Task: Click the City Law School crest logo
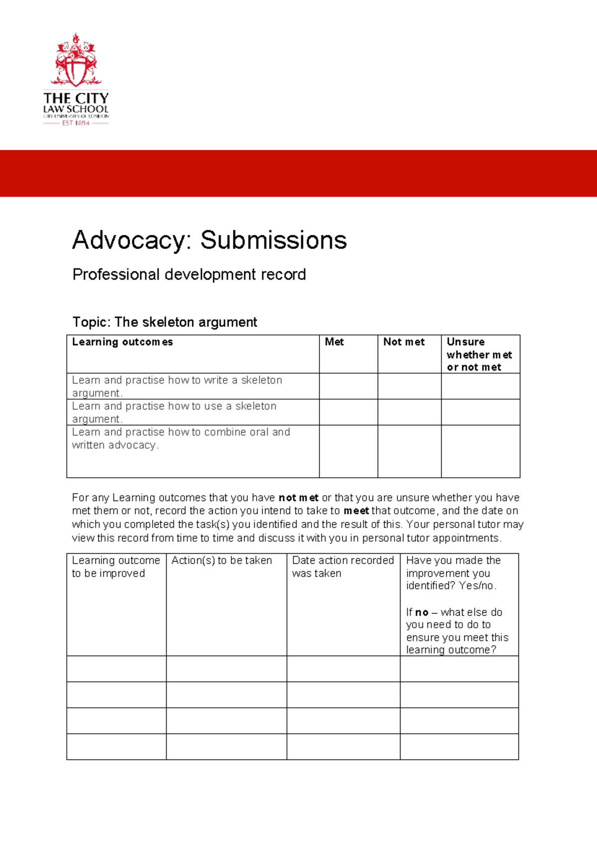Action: point(76,61)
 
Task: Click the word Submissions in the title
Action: point(273,240)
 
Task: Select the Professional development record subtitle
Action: point(189,274)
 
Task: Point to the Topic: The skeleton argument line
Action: point(165,322)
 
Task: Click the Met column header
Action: point(334,342)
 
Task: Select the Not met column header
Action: point(403,342)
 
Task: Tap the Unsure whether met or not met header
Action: point(479,354)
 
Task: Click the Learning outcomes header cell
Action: point(122,342)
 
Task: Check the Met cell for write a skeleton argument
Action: point(348,386)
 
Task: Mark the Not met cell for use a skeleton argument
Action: point(409,412)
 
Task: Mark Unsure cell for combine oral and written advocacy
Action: point(480,451)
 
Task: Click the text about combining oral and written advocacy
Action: point(181,438)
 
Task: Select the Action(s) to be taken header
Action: point(221,561)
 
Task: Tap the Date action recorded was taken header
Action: point(342,567)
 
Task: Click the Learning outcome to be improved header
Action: point(115,567)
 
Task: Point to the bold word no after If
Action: point(421,612)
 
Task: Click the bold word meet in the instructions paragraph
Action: point(356,511)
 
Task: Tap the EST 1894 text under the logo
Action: point(76,123)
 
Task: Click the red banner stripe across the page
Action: point(298,173)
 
